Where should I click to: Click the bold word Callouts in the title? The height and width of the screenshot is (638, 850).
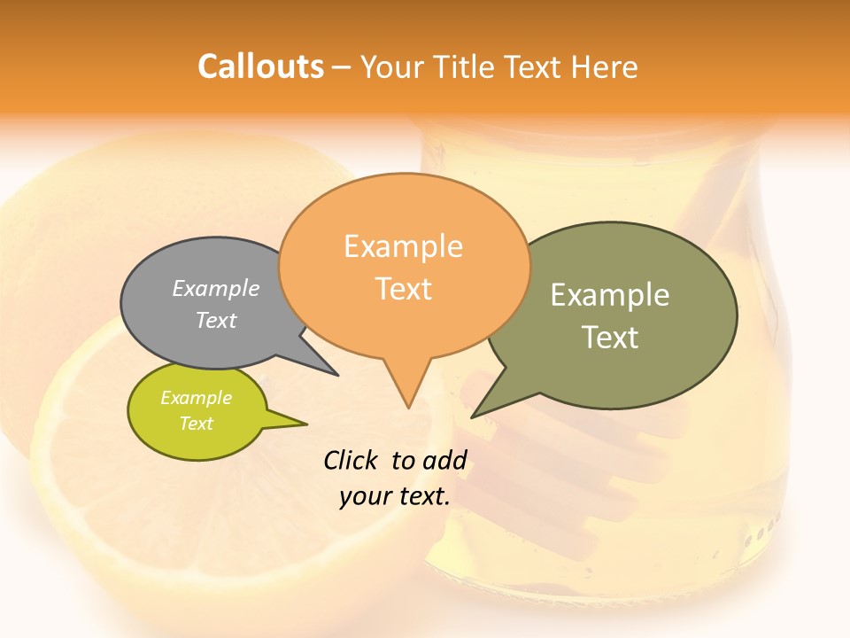260,66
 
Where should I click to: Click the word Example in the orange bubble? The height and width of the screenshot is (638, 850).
403,246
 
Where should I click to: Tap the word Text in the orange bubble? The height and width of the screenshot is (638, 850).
404,289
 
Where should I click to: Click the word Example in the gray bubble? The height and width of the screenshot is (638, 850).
215,288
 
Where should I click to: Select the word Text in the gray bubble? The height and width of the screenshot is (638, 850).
215,320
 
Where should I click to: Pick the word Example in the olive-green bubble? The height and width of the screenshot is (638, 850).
609,295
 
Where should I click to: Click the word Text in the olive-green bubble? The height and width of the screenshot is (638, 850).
609,338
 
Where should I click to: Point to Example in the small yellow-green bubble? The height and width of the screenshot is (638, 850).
196,398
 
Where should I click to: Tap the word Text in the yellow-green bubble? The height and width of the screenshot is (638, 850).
196,424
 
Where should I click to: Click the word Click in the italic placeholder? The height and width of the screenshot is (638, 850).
352,460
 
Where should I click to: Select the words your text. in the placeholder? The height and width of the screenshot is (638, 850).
394,496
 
